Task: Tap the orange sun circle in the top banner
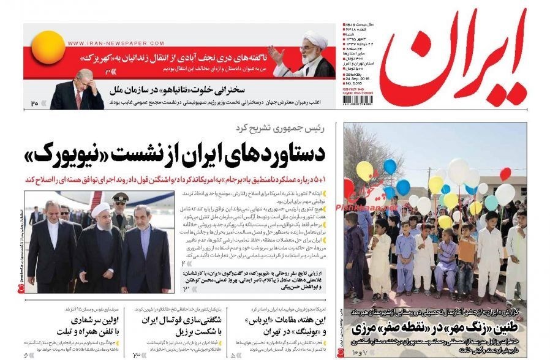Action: click(47, 48)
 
